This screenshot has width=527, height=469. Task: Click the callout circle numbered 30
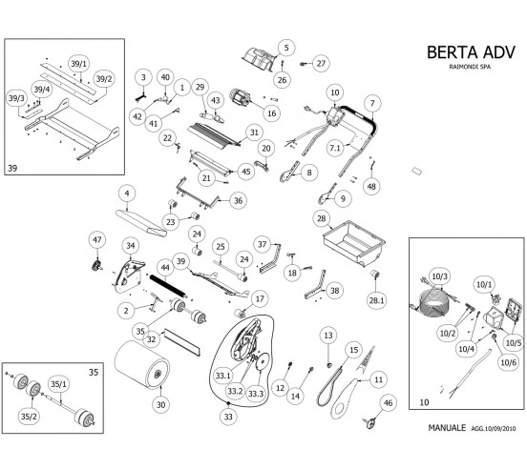pos(160,404)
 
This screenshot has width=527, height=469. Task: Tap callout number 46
pos(388,404)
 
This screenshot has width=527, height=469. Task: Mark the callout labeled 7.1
pos(334,148)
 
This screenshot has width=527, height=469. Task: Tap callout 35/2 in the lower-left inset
pos(28,416)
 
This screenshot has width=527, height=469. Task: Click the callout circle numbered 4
pos(126,193)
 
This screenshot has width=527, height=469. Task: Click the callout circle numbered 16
pos(272,113)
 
